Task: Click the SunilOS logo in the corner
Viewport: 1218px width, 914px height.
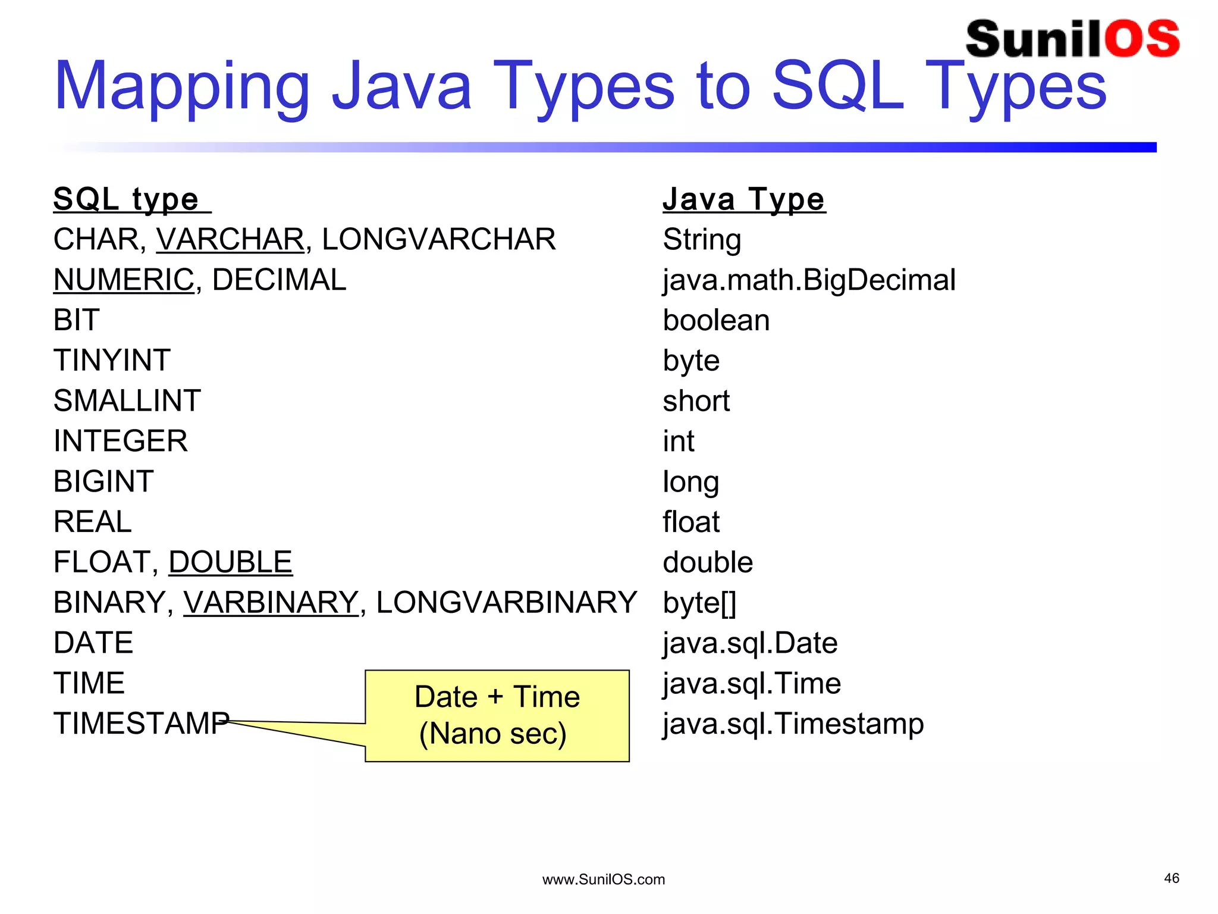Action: tap(1072, 39)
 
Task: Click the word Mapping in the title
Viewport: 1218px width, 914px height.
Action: tap(181, 87)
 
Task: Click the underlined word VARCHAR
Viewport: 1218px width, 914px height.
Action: tap(230, 239)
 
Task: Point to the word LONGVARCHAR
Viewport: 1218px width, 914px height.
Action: tap(438, 239)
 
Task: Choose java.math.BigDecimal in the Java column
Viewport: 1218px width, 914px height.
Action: tap(809, 280)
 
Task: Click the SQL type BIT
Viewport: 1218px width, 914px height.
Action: tap(76, 320)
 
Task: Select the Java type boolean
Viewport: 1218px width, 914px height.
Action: tap(716, 320)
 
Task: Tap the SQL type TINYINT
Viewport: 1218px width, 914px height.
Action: tap(112, 361)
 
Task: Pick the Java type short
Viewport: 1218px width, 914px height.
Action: tap(696, 401)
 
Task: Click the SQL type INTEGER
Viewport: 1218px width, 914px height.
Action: tap(120, 441)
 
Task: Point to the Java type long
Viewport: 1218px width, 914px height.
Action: tap(690, 482)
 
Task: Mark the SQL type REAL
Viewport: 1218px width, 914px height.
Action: tap(92, 522)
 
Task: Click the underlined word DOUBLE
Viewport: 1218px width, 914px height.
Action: tap(230, 562)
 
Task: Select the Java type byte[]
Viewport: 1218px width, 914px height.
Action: tap(699, 603)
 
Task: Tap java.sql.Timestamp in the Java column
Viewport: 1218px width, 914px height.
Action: tap(793, 724)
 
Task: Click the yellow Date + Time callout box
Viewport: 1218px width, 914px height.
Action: tap(497, 715)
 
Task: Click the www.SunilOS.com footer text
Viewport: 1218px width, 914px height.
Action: tap(603, 879)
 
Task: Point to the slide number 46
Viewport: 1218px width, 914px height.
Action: tap(1171, 878)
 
